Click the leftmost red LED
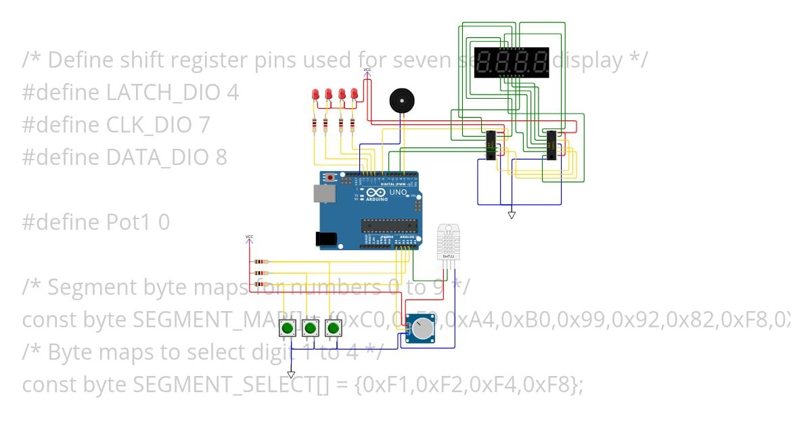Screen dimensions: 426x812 pos(315,96)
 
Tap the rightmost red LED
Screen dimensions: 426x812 pos(354,96)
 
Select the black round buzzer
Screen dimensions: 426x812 pos(401,101)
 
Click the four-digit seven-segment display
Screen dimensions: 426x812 pos(512,63)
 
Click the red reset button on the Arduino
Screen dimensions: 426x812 pos(330,177)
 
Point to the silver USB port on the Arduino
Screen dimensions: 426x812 pos(325,194)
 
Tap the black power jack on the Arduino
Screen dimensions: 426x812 pos(326,238)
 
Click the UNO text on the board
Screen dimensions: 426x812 pos(398,193)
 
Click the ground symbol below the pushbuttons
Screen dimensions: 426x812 pos(291,374)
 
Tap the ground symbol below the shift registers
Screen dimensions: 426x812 pos(512,215)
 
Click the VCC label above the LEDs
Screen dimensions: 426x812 pos(367,70)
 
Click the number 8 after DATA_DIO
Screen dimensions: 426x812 pos(221,158)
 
